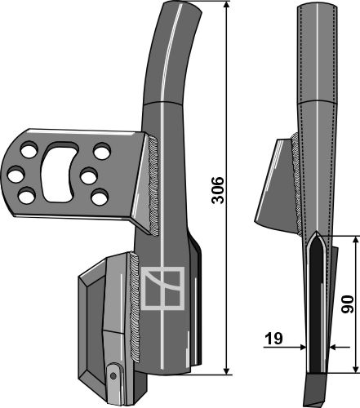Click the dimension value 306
[x=218, y=190]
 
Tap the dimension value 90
[x=348, y=304]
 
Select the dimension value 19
[x=273, y=339]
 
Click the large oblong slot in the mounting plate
[x=58, y=172]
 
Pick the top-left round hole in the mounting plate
[x=29, y=149]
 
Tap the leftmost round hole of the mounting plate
[x=16, y=175]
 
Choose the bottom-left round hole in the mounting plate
[x=27, y=196]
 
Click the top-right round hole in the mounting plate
[x=102, y=151]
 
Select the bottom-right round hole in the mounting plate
[x=100, y=197]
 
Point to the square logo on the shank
[x=162, y=288]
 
